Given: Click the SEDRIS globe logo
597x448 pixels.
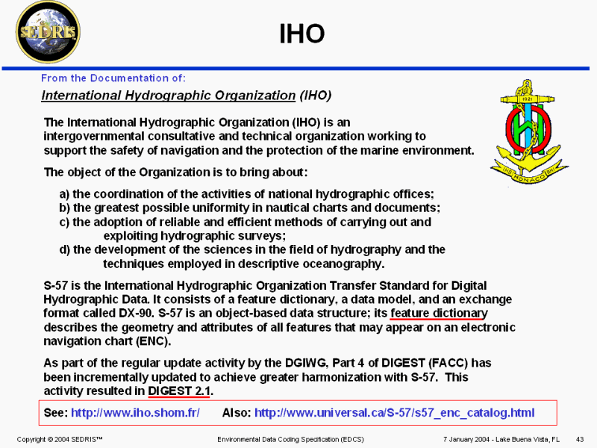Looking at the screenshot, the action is (x=48, y=32).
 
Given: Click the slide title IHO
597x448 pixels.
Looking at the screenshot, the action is (x=302, y=34).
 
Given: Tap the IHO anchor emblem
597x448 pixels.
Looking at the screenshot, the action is (x=529, y=132).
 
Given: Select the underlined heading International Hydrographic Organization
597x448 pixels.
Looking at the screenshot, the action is (x=169, y=96).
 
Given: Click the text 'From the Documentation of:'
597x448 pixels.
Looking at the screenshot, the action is (x=113, y=78).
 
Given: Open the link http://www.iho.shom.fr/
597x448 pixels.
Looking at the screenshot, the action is (x=135, y=413).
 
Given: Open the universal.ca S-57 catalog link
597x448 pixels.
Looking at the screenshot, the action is (x=395, y=413).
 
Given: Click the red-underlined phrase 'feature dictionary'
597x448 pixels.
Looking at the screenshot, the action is (x=439, y=313).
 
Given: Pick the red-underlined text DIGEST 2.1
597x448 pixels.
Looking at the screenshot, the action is (x=179, y=391).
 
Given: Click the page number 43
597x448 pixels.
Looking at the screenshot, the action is (x=580, y=439).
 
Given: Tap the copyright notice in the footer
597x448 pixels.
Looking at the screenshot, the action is (x=60, y=439).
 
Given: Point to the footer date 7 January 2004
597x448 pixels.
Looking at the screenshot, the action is (x=466, y=439).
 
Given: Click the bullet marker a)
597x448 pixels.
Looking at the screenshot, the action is (x=64, y=194).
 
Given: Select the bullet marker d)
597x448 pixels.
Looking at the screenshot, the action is (x=64, y=250).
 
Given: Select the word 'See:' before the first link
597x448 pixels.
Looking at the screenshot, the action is (x=55, y=413).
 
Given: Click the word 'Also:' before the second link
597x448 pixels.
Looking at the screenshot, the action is (x=237, y=413).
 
